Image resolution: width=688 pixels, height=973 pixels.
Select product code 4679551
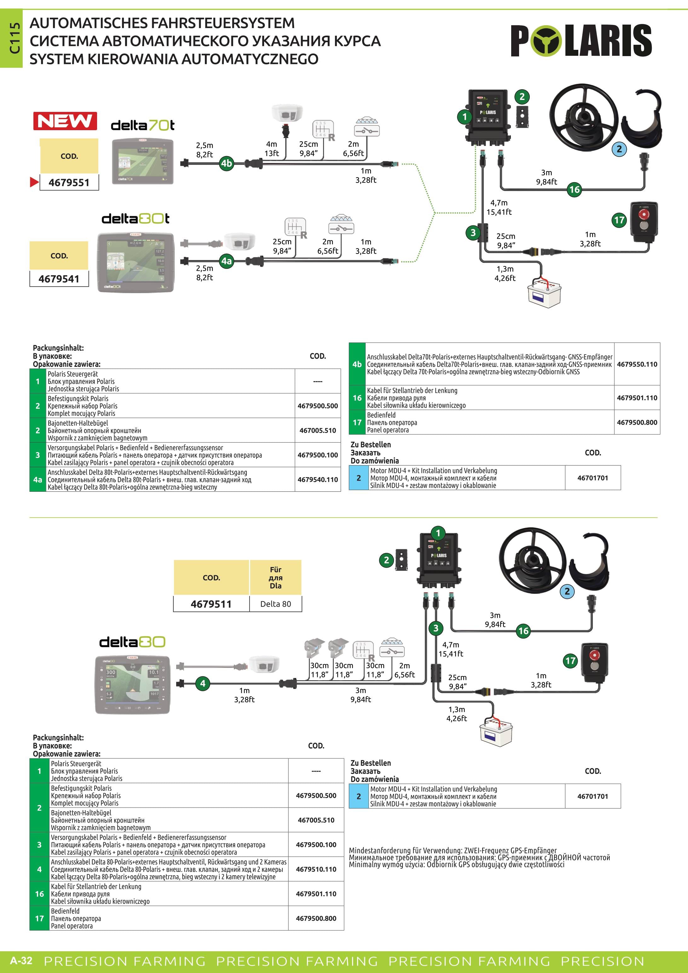coord(69,182)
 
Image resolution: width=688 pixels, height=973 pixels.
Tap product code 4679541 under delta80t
coord(59,279)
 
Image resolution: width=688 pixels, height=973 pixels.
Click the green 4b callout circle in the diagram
coord(227,163)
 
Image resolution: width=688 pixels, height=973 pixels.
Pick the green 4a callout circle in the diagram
coord(227,261)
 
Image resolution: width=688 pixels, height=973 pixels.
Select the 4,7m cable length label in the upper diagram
coord(499,203)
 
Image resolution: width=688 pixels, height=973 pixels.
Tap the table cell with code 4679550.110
coord(637,364)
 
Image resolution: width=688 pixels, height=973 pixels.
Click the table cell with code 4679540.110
coord(318,479)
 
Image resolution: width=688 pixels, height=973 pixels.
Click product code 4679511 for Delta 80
coord(211,604)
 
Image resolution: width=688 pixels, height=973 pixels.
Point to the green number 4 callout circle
coord(203,683)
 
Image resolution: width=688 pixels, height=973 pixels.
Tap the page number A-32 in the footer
coord(21,960)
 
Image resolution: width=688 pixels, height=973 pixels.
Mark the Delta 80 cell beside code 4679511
coord(275,604)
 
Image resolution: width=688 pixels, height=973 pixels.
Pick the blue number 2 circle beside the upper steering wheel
coord(619,149)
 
